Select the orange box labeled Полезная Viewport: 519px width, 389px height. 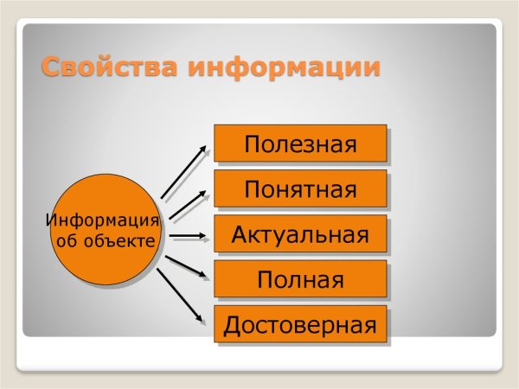[x=300, y=143]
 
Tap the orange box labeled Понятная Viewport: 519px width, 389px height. [x=300, y=188]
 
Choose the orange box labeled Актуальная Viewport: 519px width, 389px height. [x=300, y=234]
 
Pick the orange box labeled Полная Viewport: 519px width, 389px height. [x=300, y=280]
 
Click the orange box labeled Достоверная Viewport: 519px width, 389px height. [x=300, y=325]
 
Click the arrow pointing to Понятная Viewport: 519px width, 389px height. [x=189, y=204]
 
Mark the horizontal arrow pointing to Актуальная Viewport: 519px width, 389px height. [x=189, y=234]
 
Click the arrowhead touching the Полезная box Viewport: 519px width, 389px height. [x=204, y=148]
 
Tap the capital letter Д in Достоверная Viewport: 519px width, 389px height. [x=232, y=326]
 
